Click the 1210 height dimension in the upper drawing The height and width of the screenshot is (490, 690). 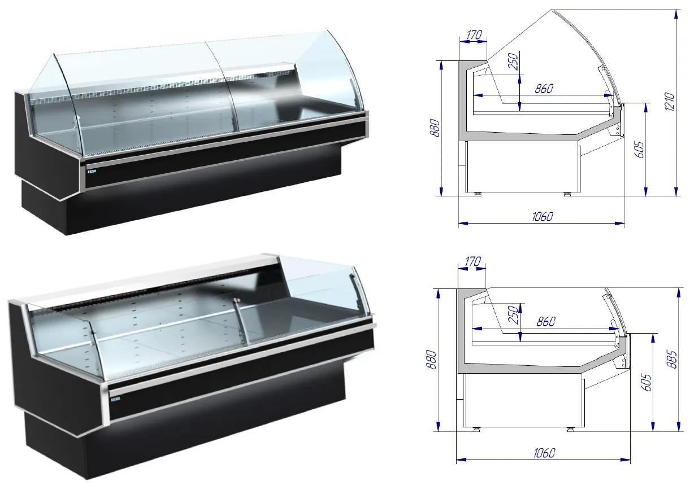670,101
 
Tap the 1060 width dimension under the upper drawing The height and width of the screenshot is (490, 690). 543,217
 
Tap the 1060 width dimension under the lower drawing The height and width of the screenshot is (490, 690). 544,453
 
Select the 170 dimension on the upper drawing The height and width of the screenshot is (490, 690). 474,35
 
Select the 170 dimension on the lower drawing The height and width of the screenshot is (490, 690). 472,261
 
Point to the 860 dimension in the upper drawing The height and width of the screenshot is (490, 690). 544,89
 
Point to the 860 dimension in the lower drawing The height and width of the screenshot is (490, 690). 546,322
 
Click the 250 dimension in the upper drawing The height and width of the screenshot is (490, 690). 514,62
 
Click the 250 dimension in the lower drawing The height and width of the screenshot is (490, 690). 514,314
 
